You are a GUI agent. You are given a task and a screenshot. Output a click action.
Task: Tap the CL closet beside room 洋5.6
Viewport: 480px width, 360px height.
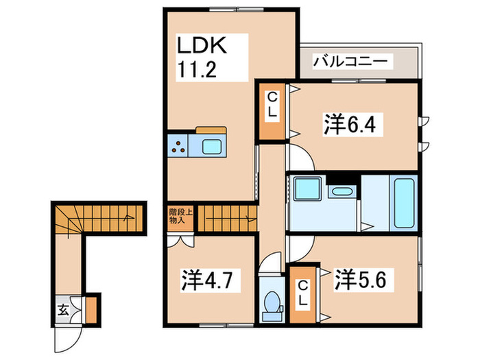(x=302, y=294)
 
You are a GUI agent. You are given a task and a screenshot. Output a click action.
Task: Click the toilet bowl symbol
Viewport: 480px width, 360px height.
(x=272, y=302)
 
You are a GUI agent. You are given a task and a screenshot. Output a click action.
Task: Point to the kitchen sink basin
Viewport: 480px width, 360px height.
(x=212, y=146)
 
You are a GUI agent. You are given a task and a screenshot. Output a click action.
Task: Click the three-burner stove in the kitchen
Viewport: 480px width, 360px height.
(x=180, y=146)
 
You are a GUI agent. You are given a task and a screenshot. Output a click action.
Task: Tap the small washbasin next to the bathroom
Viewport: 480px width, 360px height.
(x=339, y=190)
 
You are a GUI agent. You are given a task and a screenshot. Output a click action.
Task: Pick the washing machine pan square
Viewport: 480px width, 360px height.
(x=306, y=189)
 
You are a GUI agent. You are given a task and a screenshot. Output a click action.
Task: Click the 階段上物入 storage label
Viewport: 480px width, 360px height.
(x=177, y=218)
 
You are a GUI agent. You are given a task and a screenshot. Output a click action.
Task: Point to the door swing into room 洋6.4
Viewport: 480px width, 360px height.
(x=300, y=158)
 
